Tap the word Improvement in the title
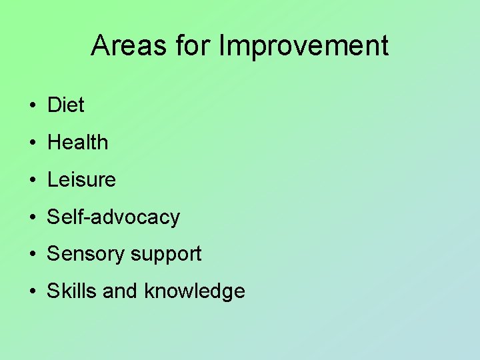[x=303, y=46]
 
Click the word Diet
[x=65, y=105]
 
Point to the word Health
[x=77, y=142]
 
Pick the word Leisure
[x=81, y=179]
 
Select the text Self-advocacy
[x=113, y=217]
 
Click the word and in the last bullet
[x=120, y=291]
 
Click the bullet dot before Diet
[x=32, y=106]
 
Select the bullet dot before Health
[x=32, y=143]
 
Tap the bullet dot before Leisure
[x=32, y=181]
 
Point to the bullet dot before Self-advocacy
[x=32, y=218]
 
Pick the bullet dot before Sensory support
[x=32, y=255]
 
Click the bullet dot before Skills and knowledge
[x=32, y=293]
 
